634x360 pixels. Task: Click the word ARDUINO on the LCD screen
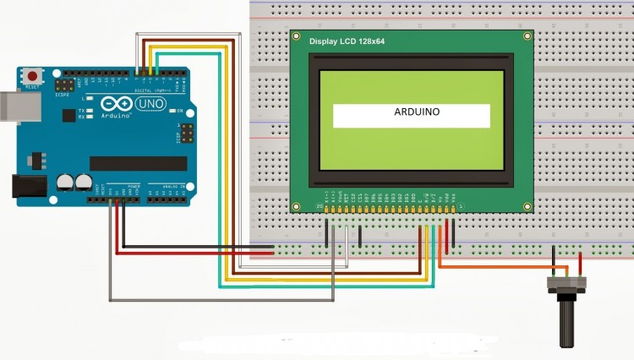pos(412,112)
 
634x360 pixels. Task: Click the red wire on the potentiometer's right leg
pos(580,263)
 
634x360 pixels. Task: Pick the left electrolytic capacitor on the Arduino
pos(64,181)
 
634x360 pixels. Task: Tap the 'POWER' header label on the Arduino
pos(134,185)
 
